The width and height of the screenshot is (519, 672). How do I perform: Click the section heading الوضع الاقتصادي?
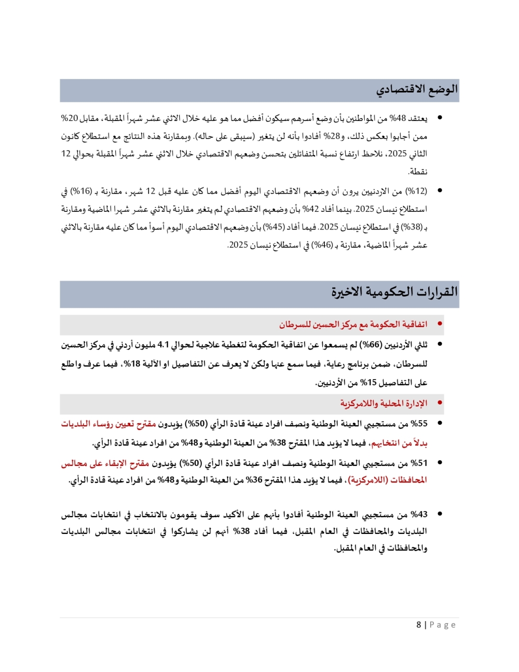click(417, 89)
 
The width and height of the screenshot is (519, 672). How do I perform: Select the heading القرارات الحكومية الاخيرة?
click(394, 292)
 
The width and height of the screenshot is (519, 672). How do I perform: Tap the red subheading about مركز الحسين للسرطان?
click(353, 325)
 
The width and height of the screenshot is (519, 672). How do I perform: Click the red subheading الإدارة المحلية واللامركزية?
click(384, 404)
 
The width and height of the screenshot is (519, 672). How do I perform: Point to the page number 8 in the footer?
click(419, 625)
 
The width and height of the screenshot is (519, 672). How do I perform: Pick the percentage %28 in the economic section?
click(332, 136)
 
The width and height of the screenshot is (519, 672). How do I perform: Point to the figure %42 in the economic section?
click(310, 209)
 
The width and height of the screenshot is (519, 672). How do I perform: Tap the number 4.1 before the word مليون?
click(163, 345)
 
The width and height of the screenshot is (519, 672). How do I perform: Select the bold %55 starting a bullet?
click(419, 424)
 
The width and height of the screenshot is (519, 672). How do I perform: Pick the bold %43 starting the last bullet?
click(419, 514)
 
